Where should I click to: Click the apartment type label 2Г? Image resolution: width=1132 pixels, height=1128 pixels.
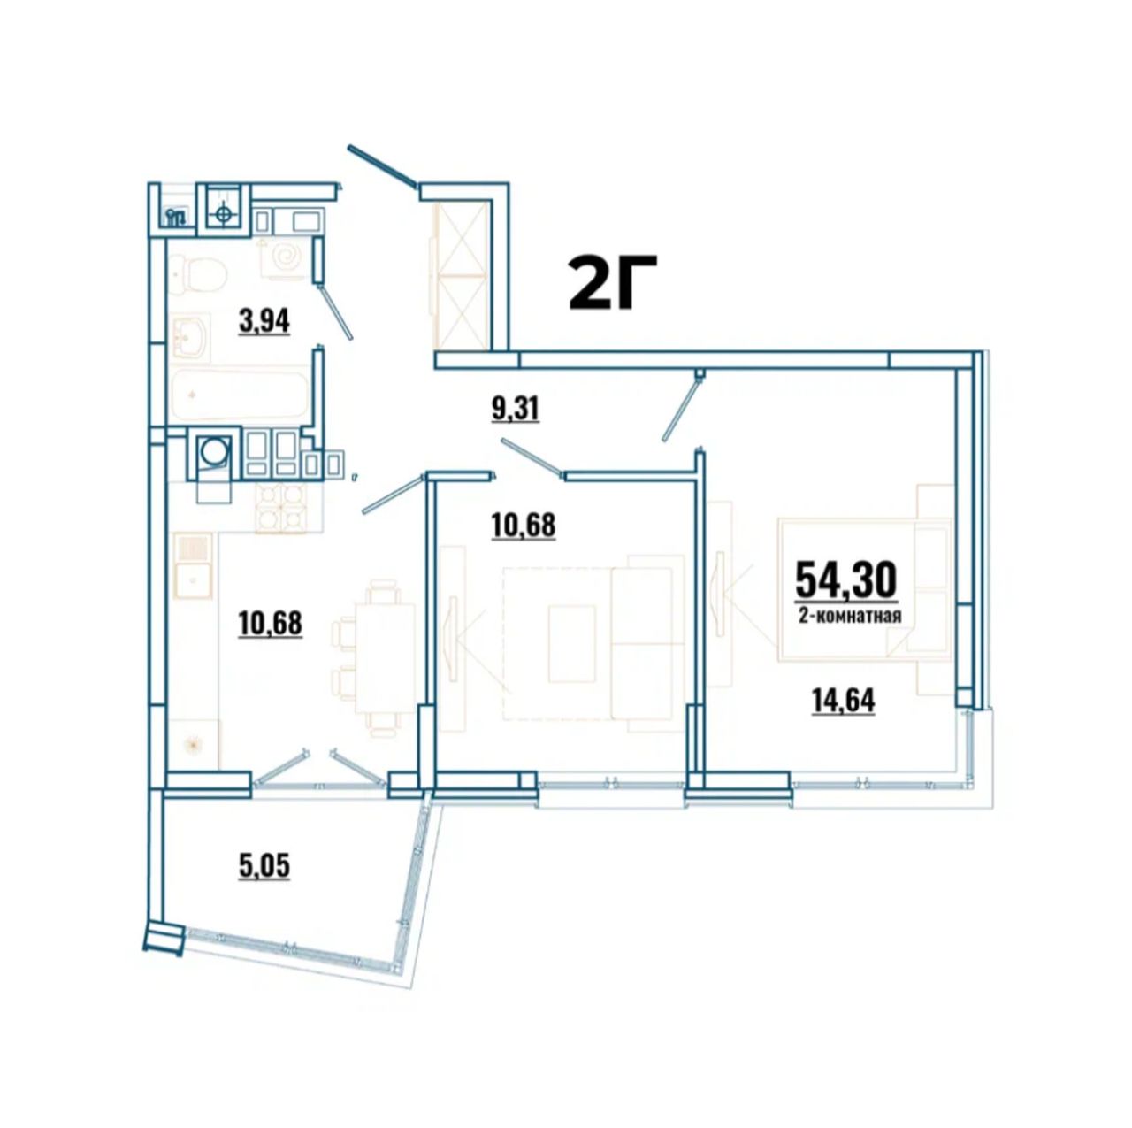[611, 283]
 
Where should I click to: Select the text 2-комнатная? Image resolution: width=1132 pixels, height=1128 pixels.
[849, 616]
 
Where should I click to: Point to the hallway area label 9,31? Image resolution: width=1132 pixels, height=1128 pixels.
[515, 409]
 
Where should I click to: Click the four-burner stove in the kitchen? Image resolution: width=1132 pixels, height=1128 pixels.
[281, 508]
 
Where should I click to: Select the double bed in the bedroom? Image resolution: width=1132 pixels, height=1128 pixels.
[864, 589]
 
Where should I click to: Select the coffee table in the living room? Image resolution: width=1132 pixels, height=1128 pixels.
[572, 644]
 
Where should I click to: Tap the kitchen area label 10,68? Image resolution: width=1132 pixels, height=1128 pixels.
[271, 625]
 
